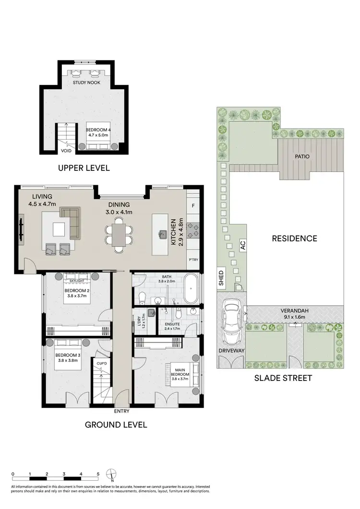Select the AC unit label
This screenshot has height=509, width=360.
(x=243, y=245)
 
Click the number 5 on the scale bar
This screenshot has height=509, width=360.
(x=98, y=473)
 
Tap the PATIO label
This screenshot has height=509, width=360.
(x=302, y=156)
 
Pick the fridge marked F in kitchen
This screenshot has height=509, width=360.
(x=193, y=206)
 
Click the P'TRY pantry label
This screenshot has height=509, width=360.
(x=193, y=260)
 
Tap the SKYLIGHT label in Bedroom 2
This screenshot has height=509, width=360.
(x=77, y=281)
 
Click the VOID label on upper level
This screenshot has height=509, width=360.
(x=66, y=151)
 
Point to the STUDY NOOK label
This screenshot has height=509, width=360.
(x=86, y=83)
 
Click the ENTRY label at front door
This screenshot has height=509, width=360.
(x=121, y=411)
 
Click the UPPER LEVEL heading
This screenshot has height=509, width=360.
(x=84, y=168)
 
